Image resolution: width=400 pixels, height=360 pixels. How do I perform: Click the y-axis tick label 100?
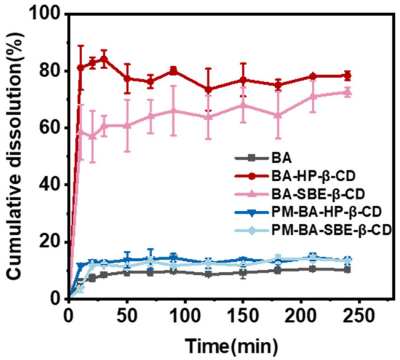[x=46, y=15]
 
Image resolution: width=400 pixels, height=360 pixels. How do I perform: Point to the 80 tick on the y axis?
[x=52, y=71]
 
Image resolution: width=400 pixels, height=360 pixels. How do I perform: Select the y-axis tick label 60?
[x=52, y=127]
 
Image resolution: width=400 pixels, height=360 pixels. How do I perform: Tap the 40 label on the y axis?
[x=52, y=185]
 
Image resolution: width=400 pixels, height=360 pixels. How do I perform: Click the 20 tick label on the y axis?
[x=52, y=241]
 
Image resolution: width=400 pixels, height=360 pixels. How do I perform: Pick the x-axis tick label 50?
[x=127, y=316]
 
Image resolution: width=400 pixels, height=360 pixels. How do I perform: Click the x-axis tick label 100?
[x=185, y=316]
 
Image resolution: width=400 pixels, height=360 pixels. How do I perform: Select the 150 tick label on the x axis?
[x=243, y=316]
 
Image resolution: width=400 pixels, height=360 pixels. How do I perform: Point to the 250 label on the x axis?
[x=359, y=316]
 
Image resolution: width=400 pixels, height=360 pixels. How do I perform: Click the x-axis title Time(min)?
[x=231, y=346]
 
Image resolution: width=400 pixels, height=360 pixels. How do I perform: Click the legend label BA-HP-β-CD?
[x=313, y=176]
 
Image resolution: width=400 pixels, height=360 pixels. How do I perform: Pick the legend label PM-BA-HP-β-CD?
[x=327, y=212]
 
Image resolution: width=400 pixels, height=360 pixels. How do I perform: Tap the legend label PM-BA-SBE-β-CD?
[x=332, y=230]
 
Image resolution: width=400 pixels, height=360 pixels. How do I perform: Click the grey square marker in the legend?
[x=252, y=159]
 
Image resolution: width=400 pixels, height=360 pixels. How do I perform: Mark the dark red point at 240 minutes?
[x=347, y=76]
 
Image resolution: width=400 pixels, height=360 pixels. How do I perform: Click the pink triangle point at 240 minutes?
[x=347, y=92]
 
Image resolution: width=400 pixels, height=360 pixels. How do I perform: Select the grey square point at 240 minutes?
[x=347, y=270]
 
